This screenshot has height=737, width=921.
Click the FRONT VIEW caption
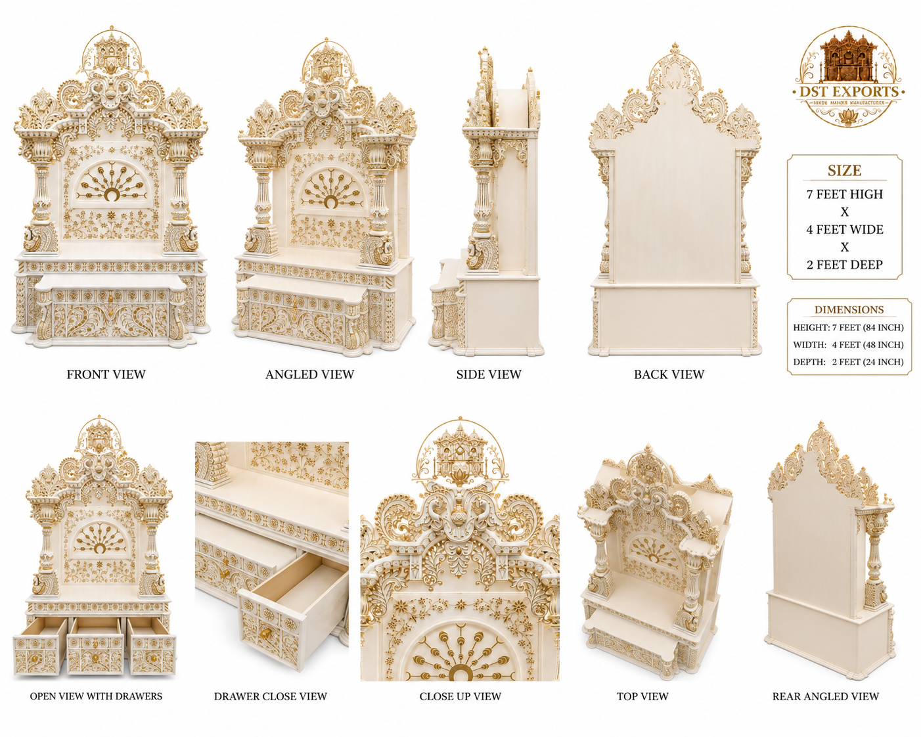point(106,374)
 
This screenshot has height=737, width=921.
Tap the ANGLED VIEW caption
point(310,374)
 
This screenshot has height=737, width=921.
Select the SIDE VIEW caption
point(489,374)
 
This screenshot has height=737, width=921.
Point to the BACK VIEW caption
point(669,374)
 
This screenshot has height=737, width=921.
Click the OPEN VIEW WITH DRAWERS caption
point(96,696)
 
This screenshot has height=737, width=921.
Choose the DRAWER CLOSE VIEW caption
point(271,696)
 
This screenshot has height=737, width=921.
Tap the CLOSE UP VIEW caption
point(460,696)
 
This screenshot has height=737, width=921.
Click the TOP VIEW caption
point(642,696)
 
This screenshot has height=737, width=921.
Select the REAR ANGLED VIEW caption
point(826,696)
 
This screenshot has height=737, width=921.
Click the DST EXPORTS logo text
point(849,91)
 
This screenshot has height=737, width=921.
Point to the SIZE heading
point(844,171)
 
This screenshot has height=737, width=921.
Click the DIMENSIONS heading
point(849,309)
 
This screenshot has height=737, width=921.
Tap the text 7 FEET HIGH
point(845,194)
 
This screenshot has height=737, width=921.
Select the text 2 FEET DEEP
point(845,265)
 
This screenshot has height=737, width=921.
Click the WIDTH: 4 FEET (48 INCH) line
point(848,345)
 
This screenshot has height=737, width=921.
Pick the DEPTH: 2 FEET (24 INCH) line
point(848,362)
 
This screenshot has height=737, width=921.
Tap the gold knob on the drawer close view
point(266,633)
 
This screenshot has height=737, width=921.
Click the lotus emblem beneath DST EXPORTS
point(849,116)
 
